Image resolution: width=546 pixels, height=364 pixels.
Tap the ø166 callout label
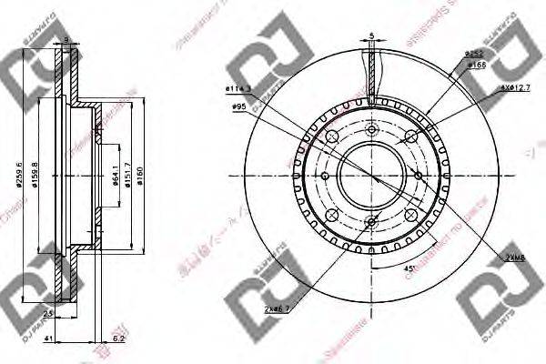(475, 65)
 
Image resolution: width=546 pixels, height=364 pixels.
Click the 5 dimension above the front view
(372, 37)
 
